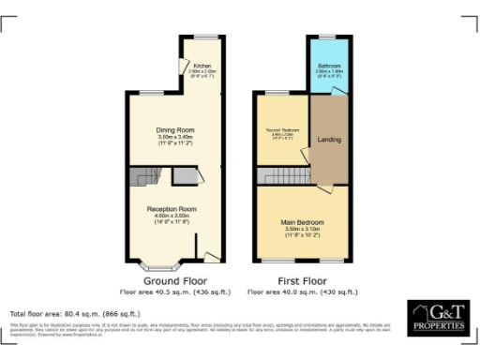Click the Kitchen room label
click(202, 66)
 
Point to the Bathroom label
click(328, 66)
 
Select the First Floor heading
click(302, 280)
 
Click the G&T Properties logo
click(439, 319)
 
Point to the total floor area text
click(75, 313)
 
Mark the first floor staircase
click(285, 175)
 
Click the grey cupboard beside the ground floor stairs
click(184, 176)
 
